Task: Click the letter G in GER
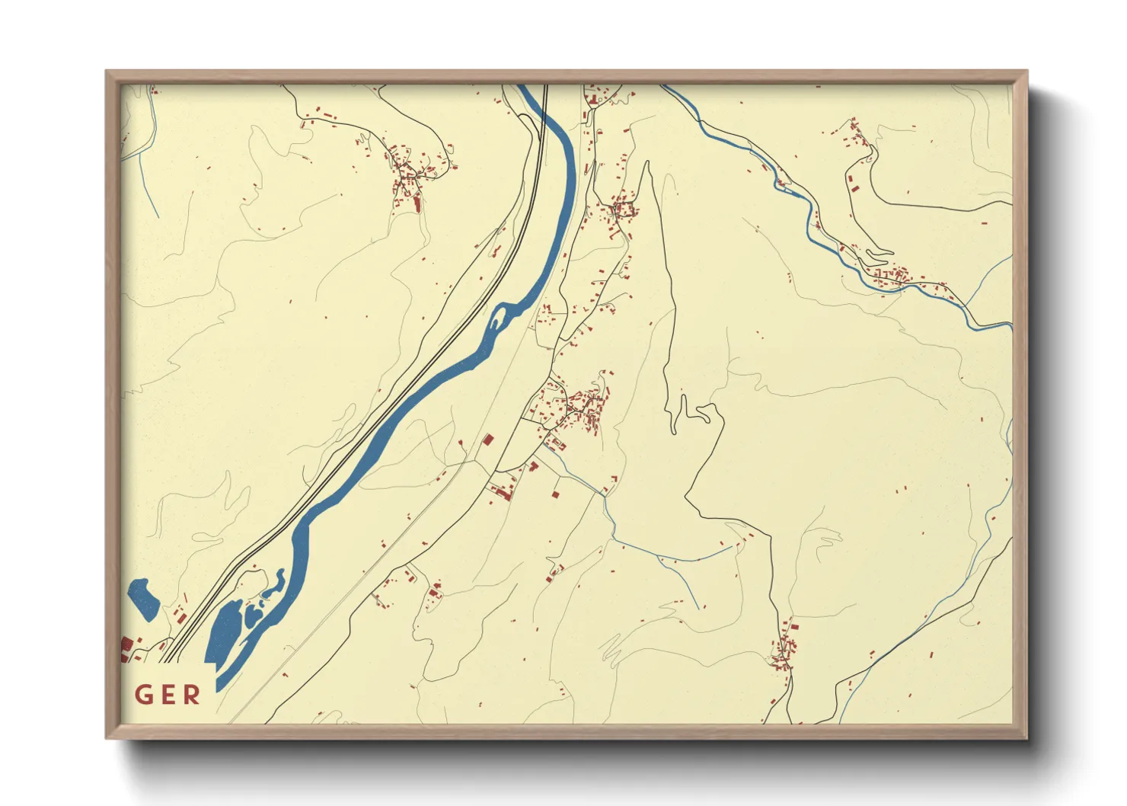[x=144, y=695]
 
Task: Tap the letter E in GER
[x=168, y=695]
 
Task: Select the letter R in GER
[x=191, y=695]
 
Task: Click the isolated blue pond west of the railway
[x=142, y=597]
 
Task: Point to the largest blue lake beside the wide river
[x=225, y=632]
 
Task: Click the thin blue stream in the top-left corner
[x=149, y=130]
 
